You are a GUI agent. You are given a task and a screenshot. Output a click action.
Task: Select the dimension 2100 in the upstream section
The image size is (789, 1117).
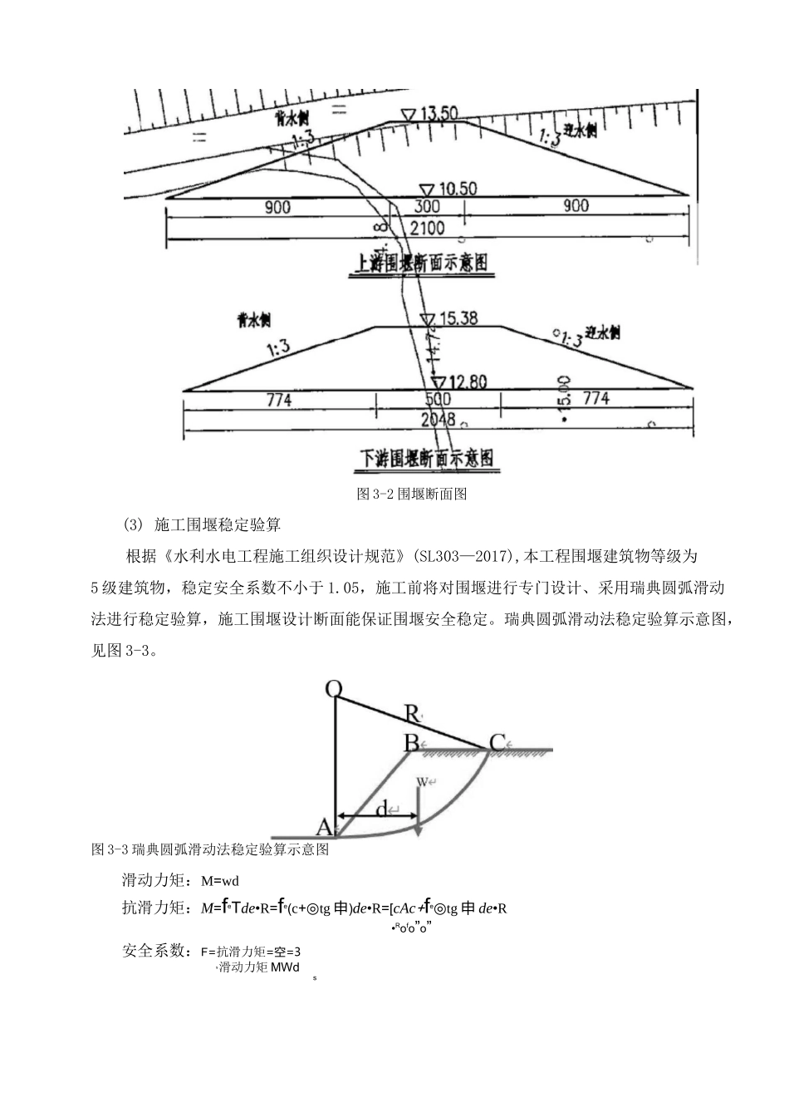tap(428, 228)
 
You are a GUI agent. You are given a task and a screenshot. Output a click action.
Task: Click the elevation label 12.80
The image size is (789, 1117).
tap(467, 382)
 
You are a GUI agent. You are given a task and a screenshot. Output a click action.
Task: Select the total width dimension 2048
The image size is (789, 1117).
tap(438, 421)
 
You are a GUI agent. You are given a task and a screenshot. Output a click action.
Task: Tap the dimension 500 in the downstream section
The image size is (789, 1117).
tap(437, 400)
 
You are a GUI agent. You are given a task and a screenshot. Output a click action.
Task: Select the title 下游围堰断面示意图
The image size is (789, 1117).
tap(426, 458)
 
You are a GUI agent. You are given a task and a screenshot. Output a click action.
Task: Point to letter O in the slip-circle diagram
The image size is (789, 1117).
tap(334, 688)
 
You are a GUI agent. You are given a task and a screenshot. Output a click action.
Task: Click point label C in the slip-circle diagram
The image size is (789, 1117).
tap(497, 743)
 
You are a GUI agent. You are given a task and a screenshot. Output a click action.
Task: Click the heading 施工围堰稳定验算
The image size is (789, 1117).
tap(218, 524)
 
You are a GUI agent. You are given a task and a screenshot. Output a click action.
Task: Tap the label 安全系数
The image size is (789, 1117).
tap(153, 950)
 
